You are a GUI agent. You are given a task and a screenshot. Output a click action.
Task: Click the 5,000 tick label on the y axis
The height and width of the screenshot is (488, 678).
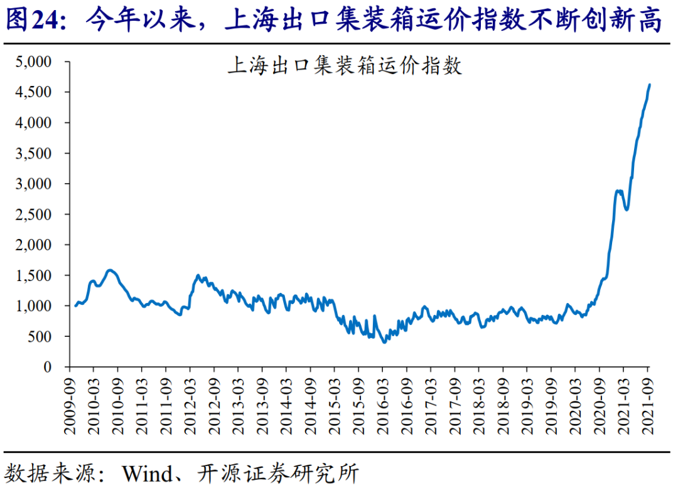(33, 61)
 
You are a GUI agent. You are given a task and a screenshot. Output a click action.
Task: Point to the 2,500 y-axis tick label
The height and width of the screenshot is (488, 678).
(33, 215)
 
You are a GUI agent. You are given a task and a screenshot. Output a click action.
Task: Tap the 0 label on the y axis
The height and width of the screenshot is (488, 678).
(47, 367)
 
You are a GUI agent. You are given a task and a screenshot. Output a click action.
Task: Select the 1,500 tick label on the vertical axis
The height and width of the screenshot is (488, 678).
(33, 275)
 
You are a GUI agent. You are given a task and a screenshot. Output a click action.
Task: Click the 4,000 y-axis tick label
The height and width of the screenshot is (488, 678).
(33, 123)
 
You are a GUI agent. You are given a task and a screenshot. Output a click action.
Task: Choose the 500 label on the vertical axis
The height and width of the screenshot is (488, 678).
(40, 336)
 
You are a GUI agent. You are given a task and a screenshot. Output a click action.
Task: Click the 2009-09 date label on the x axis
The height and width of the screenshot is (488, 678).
(70, 406)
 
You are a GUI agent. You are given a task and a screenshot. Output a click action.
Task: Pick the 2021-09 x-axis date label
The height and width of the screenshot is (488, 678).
(648, 406)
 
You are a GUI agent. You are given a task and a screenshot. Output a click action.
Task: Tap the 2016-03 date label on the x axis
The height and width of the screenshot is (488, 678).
(383, 406)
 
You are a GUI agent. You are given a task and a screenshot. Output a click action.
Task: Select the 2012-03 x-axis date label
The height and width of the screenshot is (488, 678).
(190, 406)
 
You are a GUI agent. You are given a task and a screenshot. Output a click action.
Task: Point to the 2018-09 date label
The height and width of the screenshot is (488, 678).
(503, 406)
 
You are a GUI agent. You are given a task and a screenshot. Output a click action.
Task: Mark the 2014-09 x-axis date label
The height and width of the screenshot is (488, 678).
(311, 406)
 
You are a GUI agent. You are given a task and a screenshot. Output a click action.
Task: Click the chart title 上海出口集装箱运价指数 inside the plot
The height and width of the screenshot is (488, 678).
(345, 66)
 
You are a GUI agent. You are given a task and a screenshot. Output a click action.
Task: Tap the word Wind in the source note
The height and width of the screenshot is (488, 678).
(148, 474)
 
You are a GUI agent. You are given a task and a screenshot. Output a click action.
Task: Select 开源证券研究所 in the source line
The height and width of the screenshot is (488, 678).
(278, 474)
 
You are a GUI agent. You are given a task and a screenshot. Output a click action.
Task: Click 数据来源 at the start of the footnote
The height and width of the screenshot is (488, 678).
(49, 474)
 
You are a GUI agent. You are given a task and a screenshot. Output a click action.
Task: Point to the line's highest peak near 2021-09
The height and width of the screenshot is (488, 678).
(650, 85)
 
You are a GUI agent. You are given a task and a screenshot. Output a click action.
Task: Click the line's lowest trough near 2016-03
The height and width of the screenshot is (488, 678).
(384, 342)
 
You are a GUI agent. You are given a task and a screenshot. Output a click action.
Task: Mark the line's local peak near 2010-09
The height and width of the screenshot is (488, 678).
(110, 270)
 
